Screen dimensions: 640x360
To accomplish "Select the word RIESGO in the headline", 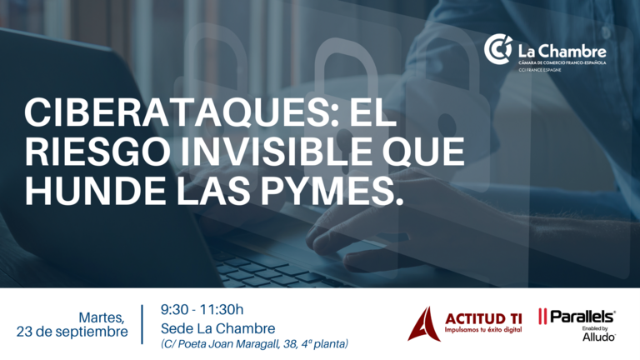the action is coord(98,151).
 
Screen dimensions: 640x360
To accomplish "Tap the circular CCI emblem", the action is coord(498,49).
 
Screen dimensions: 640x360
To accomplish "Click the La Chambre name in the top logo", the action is coord(562,52).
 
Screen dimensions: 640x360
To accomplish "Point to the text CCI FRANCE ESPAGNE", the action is coord(540,70).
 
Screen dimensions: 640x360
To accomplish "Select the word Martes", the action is coord(102,317).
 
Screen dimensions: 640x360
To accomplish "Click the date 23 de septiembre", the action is coord(72,332).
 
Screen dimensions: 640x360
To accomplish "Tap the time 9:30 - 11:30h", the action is coord(202,310).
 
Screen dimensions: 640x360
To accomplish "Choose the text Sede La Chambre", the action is coord(218,328).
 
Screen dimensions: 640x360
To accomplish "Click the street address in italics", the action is coord(255,344).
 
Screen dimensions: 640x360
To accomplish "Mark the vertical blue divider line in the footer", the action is coord(142,324).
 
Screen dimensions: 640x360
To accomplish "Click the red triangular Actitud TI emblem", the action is coord(424,323).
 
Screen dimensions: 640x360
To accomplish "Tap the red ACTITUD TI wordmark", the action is coord(483,319).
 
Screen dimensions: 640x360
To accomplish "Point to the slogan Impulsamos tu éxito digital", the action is coord(483,329).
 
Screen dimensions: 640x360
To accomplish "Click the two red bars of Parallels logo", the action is coord(542,317).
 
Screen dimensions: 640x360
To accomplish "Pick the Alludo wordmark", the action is coord(599,337).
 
